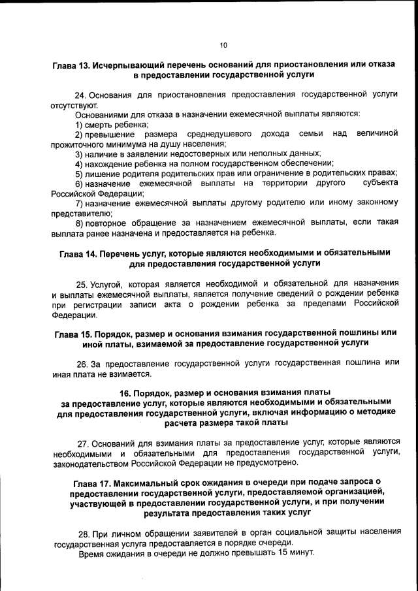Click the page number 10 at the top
[223, 45]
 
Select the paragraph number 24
[81, 95]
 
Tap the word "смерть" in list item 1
[98, 124]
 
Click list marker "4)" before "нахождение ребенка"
[79, 163]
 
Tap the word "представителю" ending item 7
[82, 213]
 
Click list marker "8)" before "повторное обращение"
[79, 223]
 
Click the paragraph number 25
[82, 284]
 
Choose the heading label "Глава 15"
[70, 332]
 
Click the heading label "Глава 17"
[88, 482]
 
